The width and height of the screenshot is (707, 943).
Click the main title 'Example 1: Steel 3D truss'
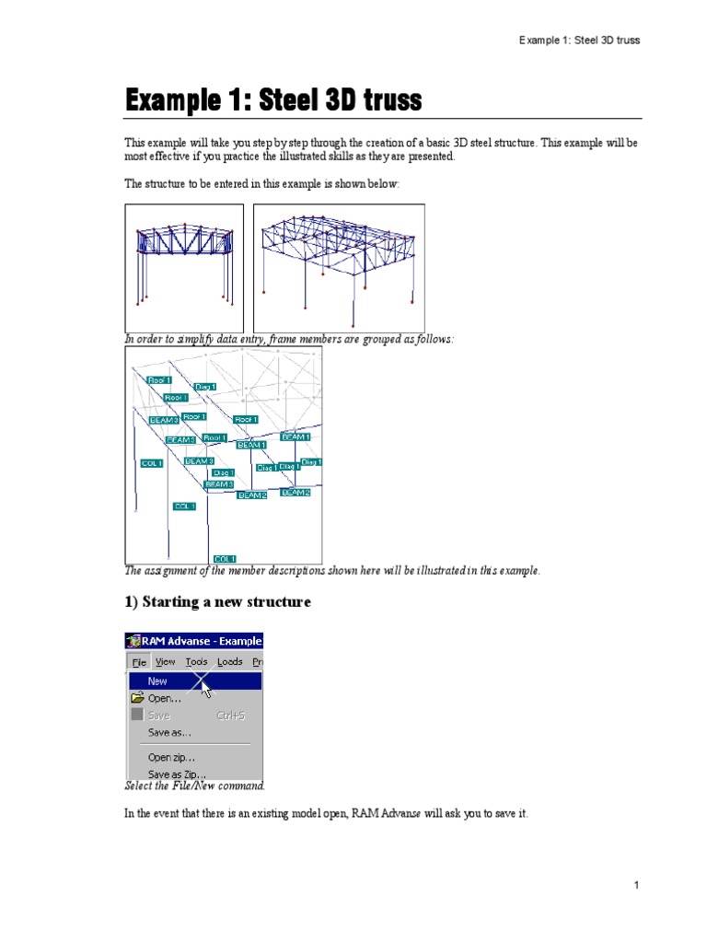click(x=273, y=100)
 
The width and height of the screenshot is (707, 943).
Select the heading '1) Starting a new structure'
click(x=217, y=602)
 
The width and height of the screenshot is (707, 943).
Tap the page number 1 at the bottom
click(x=635, y=885)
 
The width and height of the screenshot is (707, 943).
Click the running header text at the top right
click(x=579, y=41)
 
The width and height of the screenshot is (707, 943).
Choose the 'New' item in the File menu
click(x=157, y=681)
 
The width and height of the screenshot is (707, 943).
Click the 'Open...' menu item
click(x=165, y=698)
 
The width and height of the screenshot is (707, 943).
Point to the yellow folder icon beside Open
click(x=136, y=698)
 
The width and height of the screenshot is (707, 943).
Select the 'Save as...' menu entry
click(x=169, y=733)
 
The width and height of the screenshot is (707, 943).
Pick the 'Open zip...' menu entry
click(x=171, y=757)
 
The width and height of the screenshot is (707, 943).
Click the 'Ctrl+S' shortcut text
click(x=230, y=716)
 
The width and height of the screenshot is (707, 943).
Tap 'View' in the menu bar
click(x=165, y=661)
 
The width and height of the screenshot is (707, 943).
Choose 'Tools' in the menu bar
click(x=196, y=661)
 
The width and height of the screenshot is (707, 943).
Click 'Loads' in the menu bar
click(x=229, y=661)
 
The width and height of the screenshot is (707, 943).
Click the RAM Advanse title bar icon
click(x=133, y=641)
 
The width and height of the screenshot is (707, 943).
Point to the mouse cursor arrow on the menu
click(x=205, y=687)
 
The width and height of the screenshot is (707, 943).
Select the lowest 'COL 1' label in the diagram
click(x=225, y=558)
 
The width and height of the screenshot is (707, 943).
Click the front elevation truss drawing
click(x=184, y=268)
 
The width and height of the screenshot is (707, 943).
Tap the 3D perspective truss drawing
click(x=339, y=268)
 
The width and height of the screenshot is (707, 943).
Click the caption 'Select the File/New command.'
click(x=195, y=786)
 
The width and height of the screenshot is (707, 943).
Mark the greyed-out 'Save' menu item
click(x=158, y=716)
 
